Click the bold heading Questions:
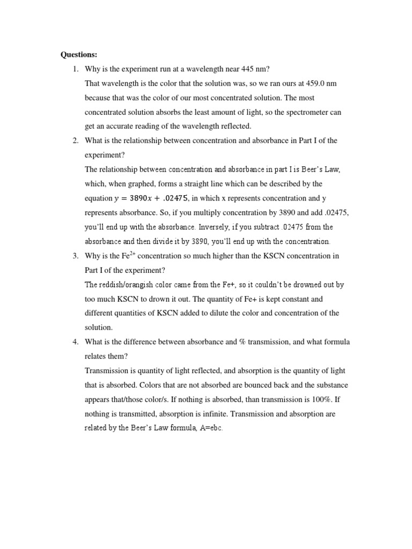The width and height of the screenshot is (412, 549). click(x=78, y=55)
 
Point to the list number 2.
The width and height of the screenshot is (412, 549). click(x=76, y=141)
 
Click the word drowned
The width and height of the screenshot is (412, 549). click(x=303, y=285)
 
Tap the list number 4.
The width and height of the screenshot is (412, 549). click(x=76, y=342)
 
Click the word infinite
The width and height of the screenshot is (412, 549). click(x=233, y=414)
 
